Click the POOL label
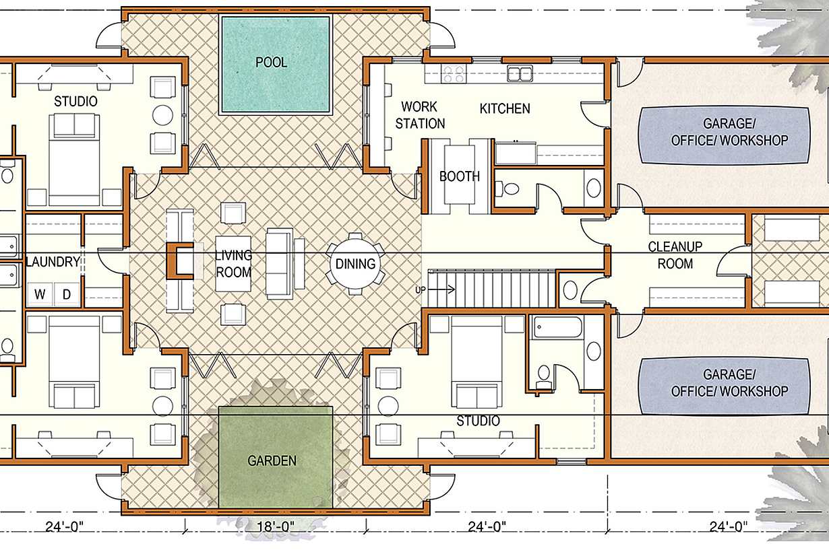click(x=271, y=62)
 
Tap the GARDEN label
click(x=272, y=460)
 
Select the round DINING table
click(x=355, y=264)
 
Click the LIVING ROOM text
click(x=233, y=264)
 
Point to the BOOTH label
click(x=459, y=176)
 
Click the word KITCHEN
click(x=505, y=108)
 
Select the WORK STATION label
click(x=420, y=115)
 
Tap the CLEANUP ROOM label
click(x=675, y=255)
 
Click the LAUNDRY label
click(x=53, y=262)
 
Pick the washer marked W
click(x=40, y=294)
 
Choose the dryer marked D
click(x=67, y=294)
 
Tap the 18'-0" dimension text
click(x=276, y=526)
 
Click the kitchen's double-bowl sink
click(x=520, y=73)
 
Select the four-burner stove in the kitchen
click(x=454, y=73)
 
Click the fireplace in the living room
click(x=180, y=261)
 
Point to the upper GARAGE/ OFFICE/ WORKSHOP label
click(x=729, y=132)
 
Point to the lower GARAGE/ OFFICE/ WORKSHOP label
click(x=729, y=382)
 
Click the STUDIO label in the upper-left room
click(x=75, y=101)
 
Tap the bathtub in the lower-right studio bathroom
click(x=557, y=327)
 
